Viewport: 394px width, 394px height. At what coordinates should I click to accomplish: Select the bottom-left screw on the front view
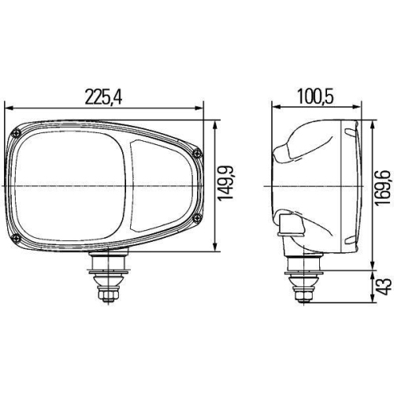pos(16,239)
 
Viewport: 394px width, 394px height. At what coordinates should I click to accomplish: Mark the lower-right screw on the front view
pos(197,217)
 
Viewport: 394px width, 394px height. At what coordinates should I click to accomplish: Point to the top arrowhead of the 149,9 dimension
pos(216,121)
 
